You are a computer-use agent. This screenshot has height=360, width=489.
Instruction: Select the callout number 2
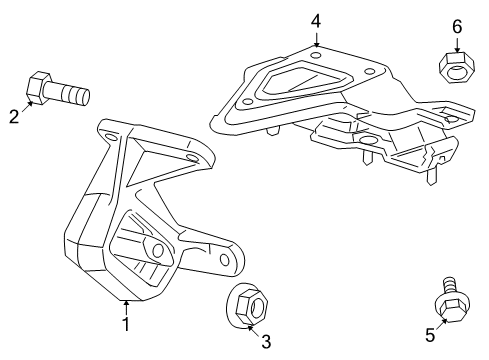14,117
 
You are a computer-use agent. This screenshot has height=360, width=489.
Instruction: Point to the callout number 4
315,19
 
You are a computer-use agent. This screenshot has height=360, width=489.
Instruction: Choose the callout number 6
456,28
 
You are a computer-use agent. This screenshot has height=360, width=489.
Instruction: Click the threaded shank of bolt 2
73,96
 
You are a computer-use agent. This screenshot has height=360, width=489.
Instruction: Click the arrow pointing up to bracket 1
126,305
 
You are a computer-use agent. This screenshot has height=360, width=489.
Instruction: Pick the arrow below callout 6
456,46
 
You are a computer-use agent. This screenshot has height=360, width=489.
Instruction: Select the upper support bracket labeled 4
330,110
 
